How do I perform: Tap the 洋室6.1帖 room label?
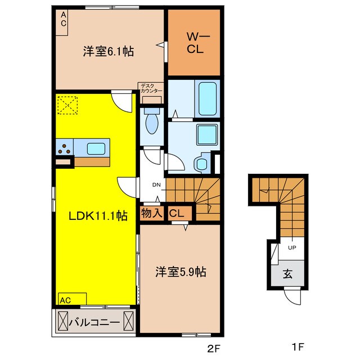[x=109, y=51]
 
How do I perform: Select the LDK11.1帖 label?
[x=98, y=216]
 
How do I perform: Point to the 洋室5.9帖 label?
[x=181, y=272]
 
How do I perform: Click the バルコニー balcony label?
[x=94, y=323]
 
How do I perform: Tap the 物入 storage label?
[x=152, y=213]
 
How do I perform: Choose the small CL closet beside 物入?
[x=177, y=214]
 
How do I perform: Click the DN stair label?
[x=156, y=184]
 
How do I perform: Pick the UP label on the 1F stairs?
[x=292, y=247]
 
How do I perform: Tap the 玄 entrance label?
[x=287, y=274]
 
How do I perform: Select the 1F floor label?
[x=298, y=346]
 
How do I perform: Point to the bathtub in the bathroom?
[x=208, y=99]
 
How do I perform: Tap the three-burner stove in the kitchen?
[x=65, y=148]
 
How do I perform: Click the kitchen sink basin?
[x=96, y=148]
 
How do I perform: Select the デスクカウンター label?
[x=151, y=88]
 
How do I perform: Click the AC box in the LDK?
[x=73, y=299]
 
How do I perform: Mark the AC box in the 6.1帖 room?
[x=62, y=22]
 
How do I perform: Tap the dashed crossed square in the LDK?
[x=67, y=105]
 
